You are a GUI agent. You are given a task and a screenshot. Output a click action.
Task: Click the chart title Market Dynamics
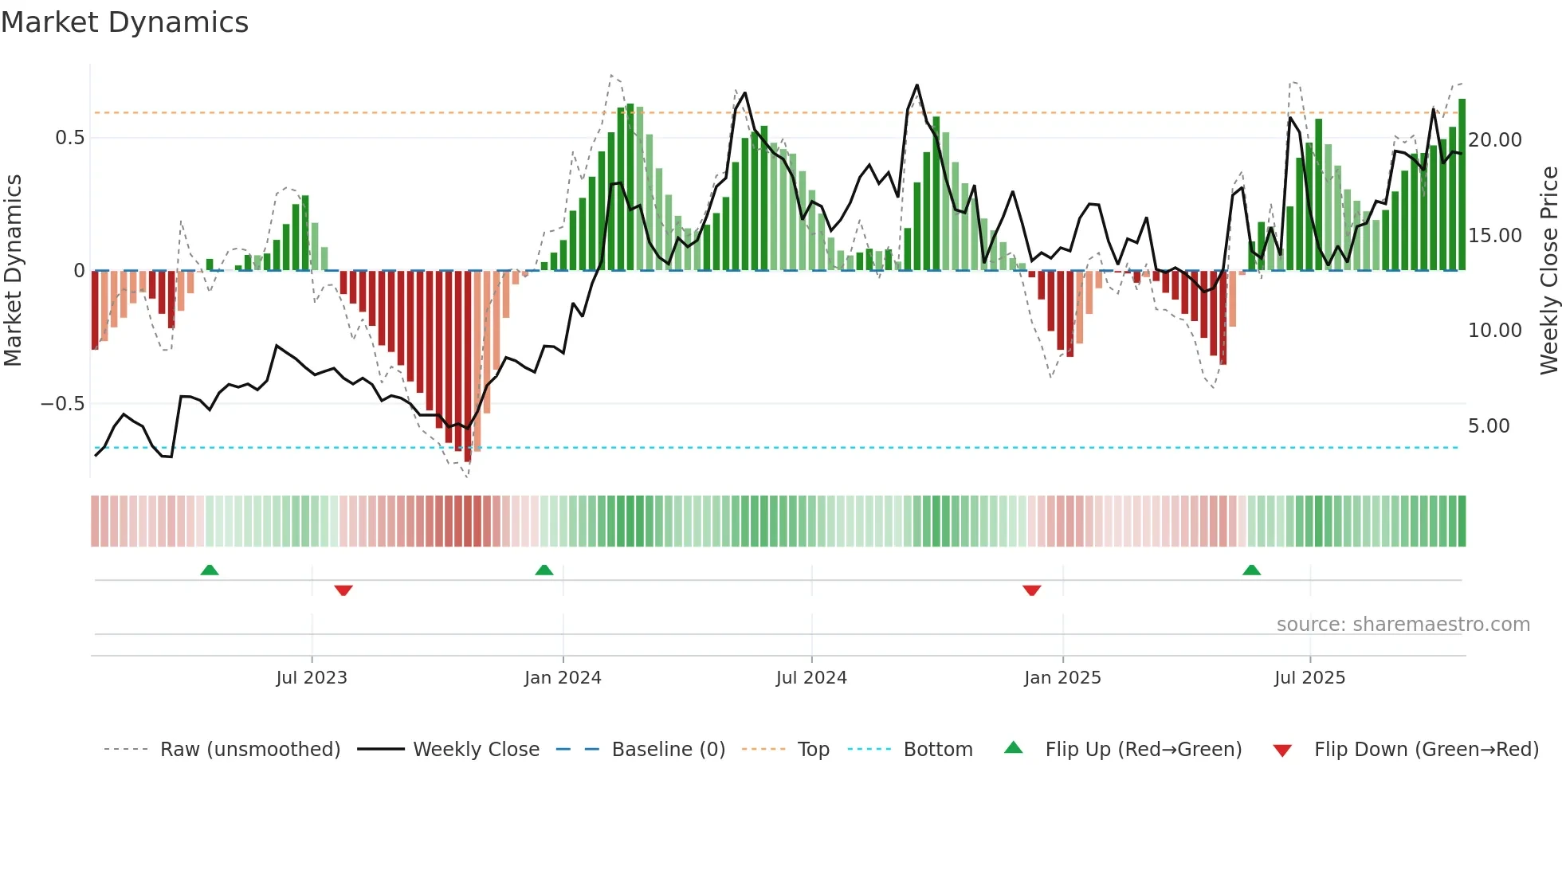(x=124, y=22)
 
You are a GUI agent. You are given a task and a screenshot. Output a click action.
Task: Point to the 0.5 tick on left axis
(x=69, y=138)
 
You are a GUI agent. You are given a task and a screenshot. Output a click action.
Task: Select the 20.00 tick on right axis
(x=1494, y=140)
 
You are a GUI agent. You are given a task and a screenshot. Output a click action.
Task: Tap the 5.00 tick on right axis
(x=1488, y=426)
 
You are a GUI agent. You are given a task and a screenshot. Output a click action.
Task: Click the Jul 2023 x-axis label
(x=312, y=678)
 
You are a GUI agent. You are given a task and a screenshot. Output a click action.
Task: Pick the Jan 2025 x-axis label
(x=1062, y=678)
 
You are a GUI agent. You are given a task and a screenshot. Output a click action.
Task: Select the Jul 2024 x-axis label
(x=811, y=678)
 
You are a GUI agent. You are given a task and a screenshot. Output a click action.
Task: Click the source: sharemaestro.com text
(x=1403, y=625)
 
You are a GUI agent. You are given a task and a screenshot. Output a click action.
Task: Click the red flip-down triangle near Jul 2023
(x=343, y=590)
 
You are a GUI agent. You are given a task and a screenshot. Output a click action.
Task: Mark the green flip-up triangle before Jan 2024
(x=544, y=570)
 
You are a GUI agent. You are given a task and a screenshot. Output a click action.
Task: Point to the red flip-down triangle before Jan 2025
(x=1031, y=590)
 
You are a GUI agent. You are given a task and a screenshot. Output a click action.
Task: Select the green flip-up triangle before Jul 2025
(x=1251, y=570)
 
